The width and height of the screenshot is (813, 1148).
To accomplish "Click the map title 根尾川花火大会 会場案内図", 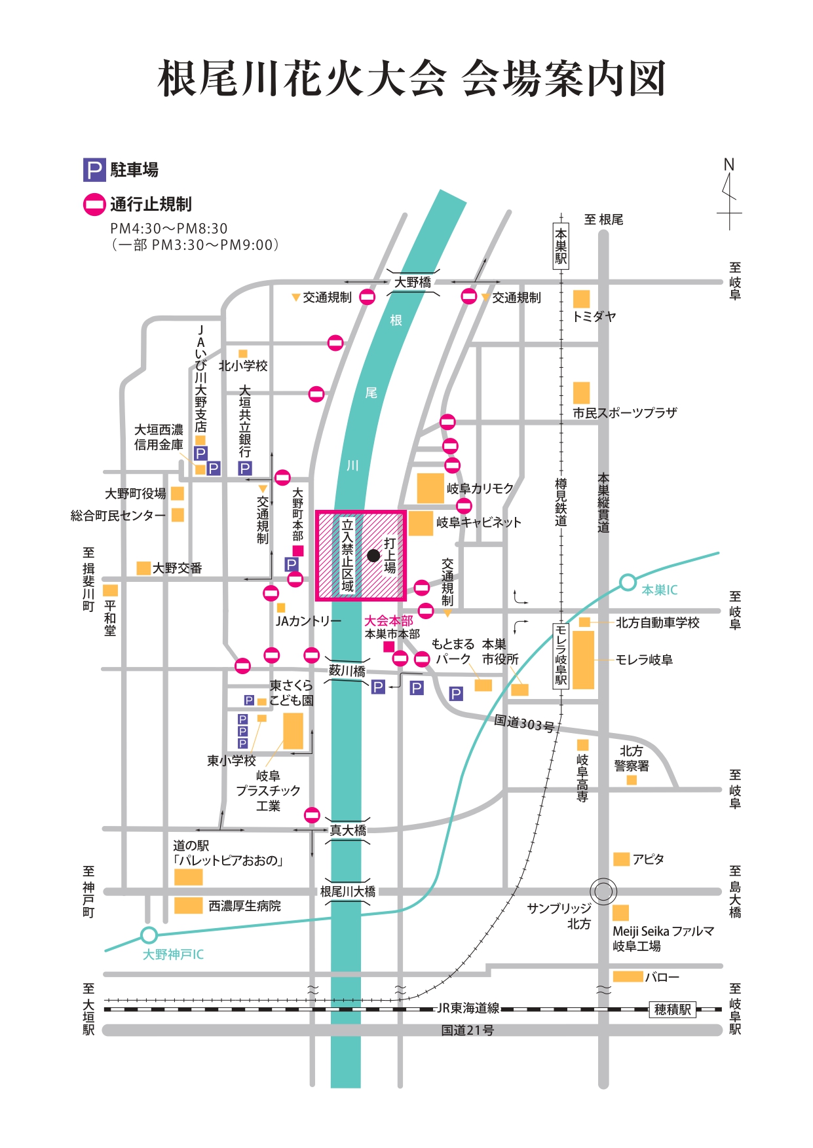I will click(411, 79).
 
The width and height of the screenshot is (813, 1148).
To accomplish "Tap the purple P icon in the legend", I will click(94, 170).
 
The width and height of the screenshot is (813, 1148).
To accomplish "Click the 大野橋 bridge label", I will click(413, 282).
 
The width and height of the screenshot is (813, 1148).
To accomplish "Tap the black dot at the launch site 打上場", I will click(373, 556).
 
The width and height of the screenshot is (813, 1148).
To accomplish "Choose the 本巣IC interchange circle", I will click(628, 582).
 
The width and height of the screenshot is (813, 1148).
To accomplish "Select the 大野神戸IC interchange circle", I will click(149, 935).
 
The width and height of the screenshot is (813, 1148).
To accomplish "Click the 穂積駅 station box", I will click(673, 1009).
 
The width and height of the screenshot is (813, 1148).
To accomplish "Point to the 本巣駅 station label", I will click(561, 246).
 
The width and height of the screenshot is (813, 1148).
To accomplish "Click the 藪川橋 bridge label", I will click(347, 671).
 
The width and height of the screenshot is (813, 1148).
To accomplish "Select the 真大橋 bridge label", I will click(348, 831).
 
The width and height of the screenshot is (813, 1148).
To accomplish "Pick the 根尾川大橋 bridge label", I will click(348, 891).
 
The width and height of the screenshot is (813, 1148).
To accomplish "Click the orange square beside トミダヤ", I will click(581, 299).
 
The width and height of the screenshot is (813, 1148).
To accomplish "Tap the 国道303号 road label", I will click(524, 723).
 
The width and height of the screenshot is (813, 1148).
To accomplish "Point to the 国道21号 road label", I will click(467, 1030).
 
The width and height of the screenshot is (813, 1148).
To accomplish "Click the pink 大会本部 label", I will click(388, 620).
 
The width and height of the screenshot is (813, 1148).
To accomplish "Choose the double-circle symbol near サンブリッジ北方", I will click(603, 891).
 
